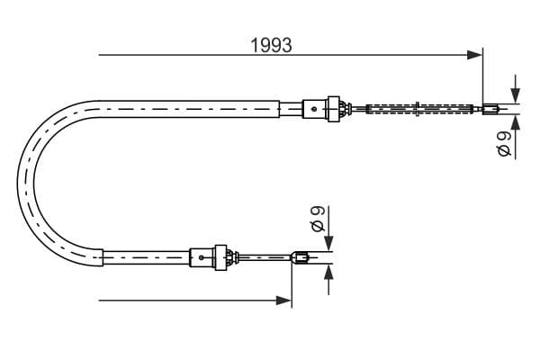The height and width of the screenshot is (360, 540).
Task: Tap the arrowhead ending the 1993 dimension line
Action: click(x=476, y=56)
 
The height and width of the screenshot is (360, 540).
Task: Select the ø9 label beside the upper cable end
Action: click(x=504, y=144)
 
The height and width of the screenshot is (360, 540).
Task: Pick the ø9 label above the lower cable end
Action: click(x=316, y=219)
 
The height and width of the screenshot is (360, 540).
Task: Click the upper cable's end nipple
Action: click(x=490, y=111)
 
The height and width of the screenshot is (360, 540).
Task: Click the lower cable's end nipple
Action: click(x=301, y=260)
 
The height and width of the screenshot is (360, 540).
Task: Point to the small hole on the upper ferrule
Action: click(x=313, y=110)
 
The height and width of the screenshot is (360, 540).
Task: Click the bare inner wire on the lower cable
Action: click(x=265, y=259)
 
